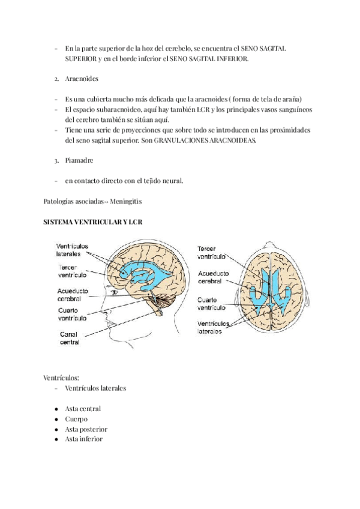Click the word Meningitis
[127, 200]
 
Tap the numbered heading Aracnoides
[82, 79]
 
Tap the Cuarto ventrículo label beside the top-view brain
[211, 303]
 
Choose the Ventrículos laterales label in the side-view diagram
[72, 250]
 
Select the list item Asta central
[83, 409]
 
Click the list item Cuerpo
[76, 419]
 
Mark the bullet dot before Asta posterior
[55, 429]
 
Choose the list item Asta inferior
[83, 439]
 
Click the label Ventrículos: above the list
[61, 378]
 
